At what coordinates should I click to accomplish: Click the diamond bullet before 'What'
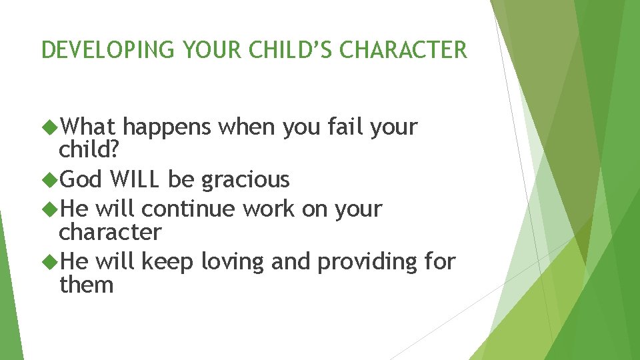[49, 127]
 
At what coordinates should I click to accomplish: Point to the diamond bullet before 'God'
[49, 179]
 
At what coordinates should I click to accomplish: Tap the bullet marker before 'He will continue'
[49, 209]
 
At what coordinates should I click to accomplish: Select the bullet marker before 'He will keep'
[49, 261]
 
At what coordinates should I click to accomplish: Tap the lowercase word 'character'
[110, 233]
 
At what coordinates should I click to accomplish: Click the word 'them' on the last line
[86, 285]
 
